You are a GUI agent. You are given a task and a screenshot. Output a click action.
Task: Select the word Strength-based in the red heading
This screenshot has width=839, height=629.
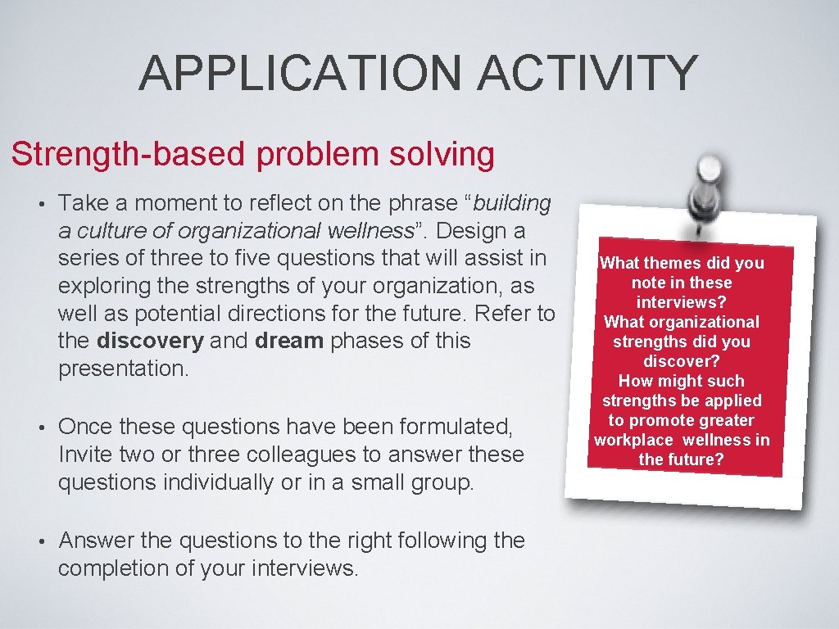tap(116, 154)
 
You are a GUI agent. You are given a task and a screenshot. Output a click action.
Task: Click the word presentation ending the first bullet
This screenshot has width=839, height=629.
tap(123, 368)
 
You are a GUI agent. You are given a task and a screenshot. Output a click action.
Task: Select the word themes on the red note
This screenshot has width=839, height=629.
tap(675, 263)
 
